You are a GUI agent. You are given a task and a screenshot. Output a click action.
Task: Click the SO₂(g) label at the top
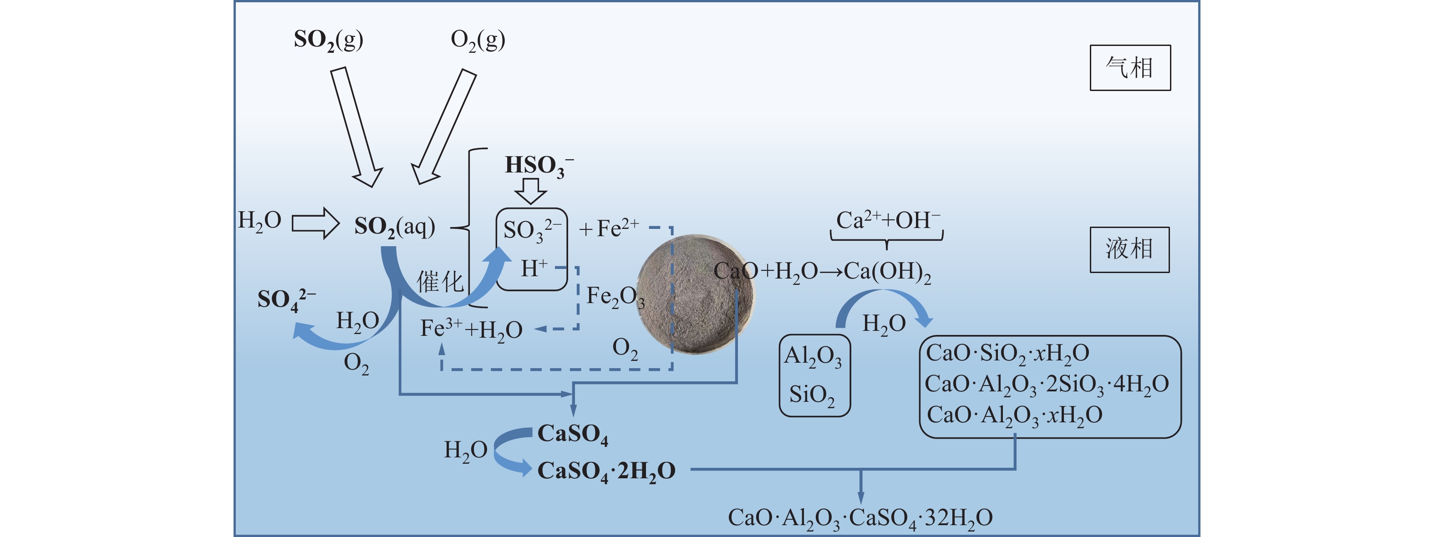coord(328,40)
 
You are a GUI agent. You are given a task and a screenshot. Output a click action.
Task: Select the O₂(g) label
coord(478,40)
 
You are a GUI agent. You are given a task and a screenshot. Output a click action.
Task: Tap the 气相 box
coord(1129,68)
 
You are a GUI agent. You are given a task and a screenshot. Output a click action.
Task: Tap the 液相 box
coord(1129,249)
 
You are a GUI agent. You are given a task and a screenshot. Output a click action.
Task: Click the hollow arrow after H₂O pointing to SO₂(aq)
coord(315,223)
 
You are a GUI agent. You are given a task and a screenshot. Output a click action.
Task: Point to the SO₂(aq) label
coord(394,227)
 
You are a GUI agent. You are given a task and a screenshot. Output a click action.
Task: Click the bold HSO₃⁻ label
coord(538,166)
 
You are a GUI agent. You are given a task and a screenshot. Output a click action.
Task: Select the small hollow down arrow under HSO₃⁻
coord(530,191)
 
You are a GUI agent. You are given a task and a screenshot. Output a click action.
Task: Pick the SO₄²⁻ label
coord(285,299)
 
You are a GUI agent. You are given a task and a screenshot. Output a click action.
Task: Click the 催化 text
coord(440,282)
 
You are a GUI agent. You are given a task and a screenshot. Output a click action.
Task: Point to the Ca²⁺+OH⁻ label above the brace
coord(887,220)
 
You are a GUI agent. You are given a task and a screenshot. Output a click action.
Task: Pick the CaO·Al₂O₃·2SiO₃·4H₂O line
coord(1047,385)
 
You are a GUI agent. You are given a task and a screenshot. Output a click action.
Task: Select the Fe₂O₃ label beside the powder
coord(615,297)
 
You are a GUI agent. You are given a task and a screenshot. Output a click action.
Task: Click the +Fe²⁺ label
coord(609,228)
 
